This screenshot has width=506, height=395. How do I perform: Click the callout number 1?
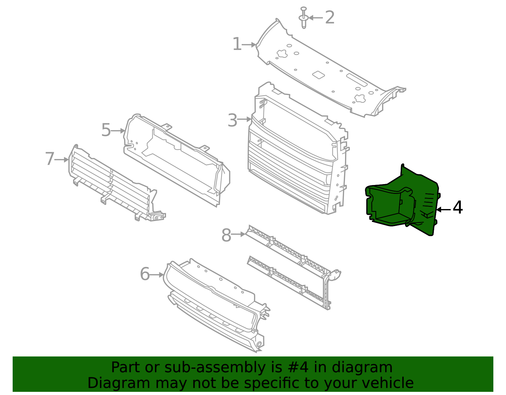point(237,44)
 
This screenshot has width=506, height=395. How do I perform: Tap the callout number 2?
point(330,17)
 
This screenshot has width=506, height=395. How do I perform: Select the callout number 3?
point(232,120)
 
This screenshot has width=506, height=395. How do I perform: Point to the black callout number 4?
point(458,207)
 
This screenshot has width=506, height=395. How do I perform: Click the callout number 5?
point(106,130)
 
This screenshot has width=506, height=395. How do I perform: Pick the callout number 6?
point(145,274)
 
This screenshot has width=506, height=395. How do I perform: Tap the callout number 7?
point(50,159)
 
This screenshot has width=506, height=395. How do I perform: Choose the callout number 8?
point(226,235)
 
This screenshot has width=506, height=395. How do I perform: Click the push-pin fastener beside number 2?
point(304,18)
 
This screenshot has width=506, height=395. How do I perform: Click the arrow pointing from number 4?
point(443,210)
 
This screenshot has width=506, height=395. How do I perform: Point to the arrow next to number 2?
point(316,18)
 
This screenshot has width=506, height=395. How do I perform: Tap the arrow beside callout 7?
point(61,160)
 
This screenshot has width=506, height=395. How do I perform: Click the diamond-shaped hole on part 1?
point(318,75)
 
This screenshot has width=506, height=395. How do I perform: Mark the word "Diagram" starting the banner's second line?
point(119,383)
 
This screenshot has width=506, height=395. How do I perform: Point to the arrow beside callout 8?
point(238,234)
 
